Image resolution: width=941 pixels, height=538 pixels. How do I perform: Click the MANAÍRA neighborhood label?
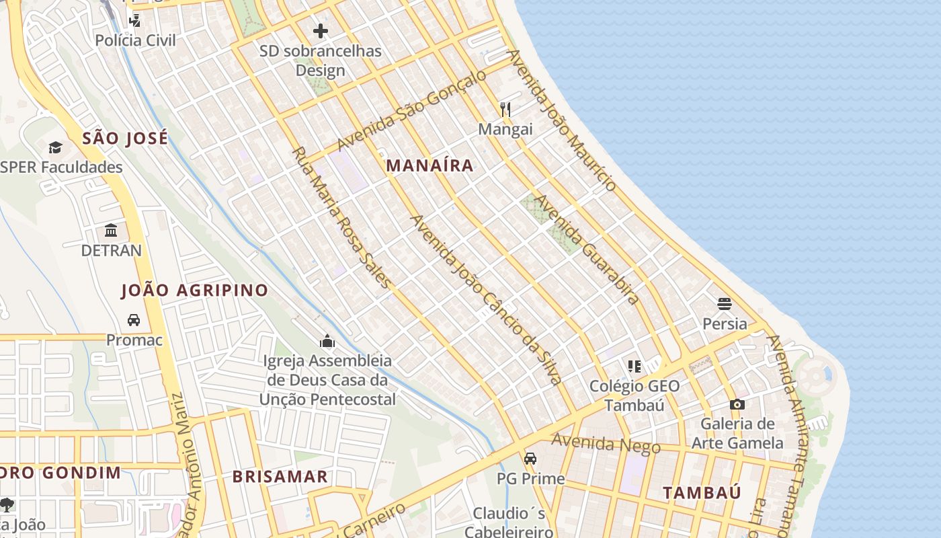[x=430, y=165]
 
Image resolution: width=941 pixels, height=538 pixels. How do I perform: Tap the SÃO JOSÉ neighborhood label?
[x=125, y=139]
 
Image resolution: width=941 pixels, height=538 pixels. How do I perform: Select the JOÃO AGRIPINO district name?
[x=194, y=291]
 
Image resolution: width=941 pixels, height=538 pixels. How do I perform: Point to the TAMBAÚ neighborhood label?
[x=702, y=493]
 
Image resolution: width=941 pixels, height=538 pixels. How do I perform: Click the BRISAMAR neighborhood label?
[x=280, y=477]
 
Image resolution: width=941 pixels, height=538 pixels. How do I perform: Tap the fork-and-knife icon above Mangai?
[x=505, y=109]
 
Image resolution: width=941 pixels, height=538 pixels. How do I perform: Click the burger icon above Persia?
[x=724, y=304]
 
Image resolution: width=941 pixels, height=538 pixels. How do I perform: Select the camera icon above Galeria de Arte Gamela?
[x=737, y=404]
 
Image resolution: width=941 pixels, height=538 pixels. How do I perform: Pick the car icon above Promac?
[x=134, y=320]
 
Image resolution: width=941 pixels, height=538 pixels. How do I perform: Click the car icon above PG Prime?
[x=530, y=459]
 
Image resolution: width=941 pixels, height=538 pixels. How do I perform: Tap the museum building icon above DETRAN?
[x=111, y=231]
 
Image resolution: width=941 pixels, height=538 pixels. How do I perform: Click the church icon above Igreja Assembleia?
[x=328, y=341]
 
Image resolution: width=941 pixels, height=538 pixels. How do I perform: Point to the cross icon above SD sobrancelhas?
[x=321, y=30]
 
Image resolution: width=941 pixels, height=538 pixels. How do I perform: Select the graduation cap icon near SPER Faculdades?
[x=55, y=147]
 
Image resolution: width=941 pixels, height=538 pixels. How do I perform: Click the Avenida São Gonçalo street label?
[x=411, y=110]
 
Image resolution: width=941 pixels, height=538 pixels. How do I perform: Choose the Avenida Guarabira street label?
[x=585, y=249]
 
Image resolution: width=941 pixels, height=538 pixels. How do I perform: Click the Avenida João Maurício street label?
[x=562, y=120]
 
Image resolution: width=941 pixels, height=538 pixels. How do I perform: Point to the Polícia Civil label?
[x=135, y=40]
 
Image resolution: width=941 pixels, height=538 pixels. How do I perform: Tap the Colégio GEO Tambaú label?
[x=634, y=395]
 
